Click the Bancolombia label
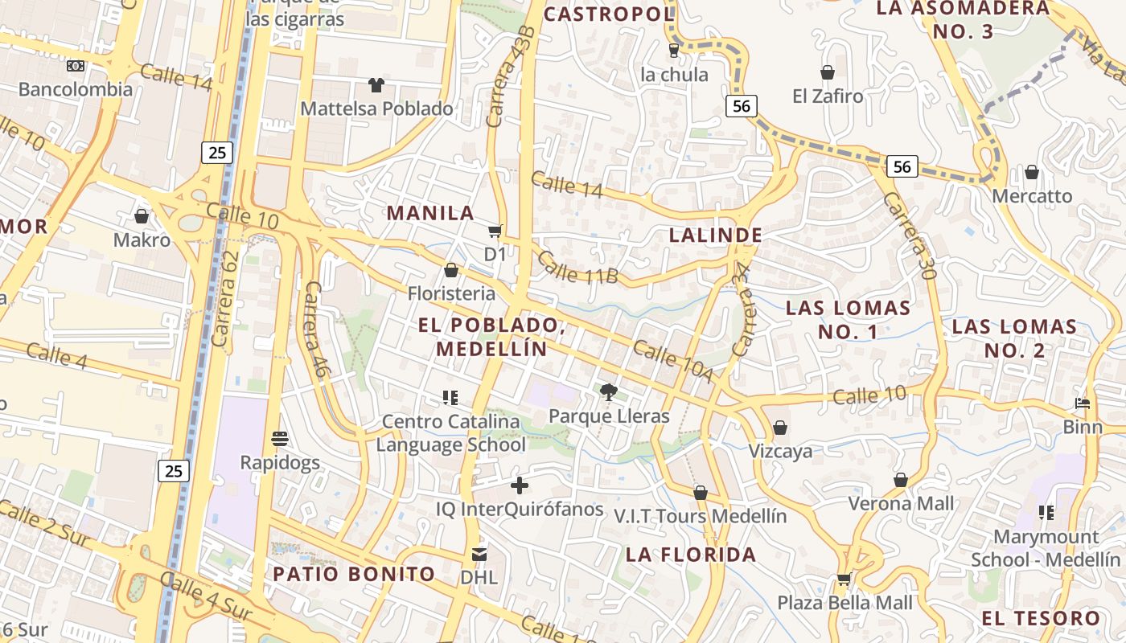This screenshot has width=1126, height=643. coord(76,89)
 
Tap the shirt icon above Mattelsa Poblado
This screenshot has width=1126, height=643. coord(376,84)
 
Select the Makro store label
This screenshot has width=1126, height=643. coord(142,240)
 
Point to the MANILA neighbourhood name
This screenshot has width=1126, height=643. coord(430,213)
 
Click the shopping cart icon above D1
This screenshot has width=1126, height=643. coord(495,231)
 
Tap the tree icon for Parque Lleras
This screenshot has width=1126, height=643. coord(609,392)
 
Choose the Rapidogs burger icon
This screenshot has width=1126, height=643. coord(280,439)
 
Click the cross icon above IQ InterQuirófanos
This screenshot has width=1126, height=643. coord(520,485)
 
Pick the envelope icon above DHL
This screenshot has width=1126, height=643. coord(479,554)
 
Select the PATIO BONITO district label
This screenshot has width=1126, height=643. coord(354,574)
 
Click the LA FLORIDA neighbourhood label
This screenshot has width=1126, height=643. coord(691,555)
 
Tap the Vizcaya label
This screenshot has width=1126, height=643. coord(780,451)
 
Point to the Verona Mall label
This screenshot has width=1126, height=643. coord(901,504)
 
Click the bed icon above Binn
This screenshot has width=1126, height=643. coord(1083,403)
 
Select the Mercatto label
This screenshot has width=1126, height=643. coord(1032,196)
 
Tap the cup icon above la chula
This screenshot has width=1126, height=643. coord(674,51)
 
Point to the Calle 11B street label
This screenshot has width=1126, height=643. coord(577,268)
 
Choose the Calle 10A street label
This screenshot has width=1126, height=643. coord(673,361)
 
